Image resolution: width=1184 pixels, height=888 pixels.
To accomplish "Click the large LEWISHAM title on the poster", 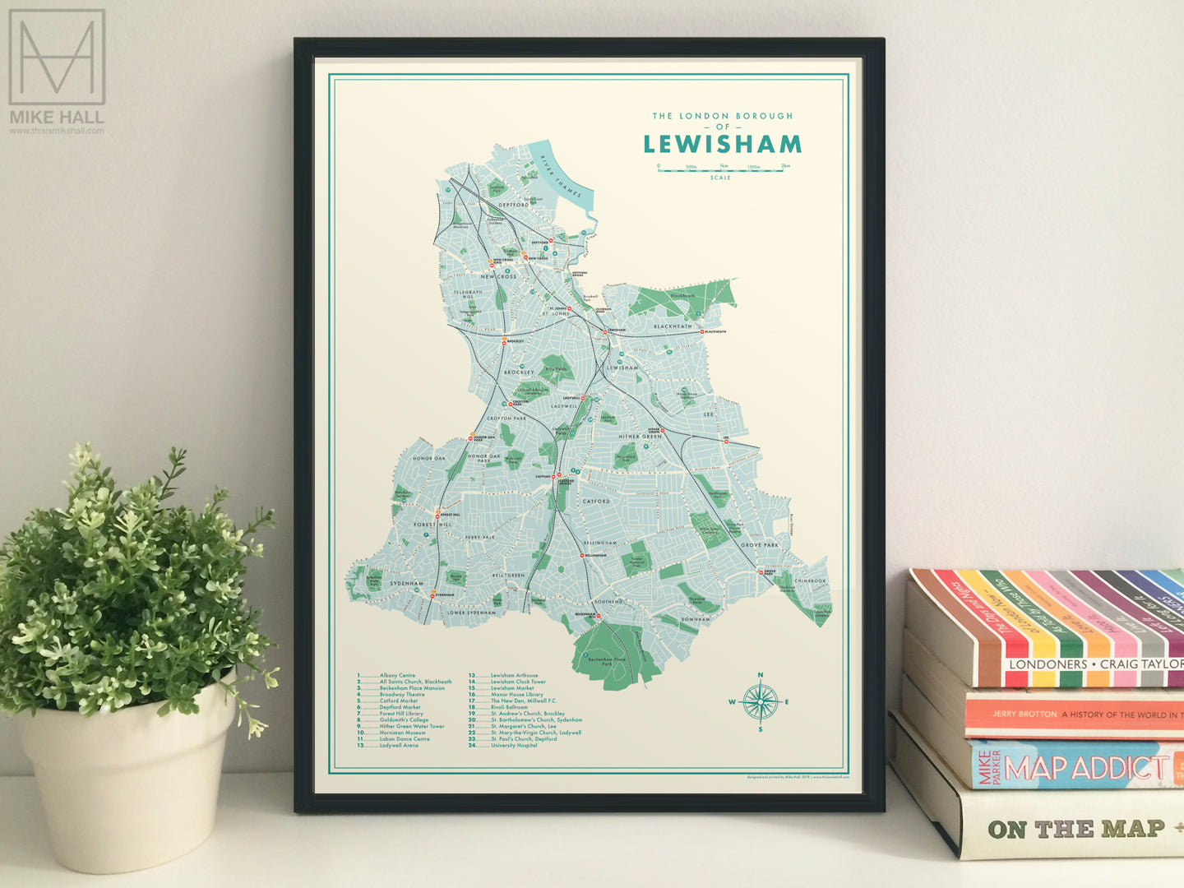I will point(722,144).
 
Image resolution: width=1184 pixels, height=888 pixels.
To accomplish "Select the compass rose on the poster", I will point(760,701).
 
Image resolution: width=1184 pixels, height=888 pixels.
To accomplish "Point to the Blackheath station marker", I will point(703,331).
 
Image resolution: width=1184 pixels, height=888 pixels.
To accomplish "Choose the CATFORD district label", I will point(596,501).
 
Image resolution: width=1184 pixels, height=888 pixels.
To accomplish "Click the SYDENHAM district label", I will point(406,583).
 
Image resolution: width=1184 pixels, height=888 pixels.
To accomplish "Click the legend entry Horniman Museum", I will point(402,733).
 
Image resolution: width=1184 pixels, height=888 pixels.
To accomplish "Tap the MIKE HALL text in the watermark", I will point(57,118).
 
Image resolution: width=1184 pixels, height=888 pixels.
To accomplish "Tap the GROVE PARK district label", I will point(759,545).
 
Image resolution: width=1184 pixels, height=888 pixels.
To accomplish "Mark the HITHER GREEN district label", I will point(640,437).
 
